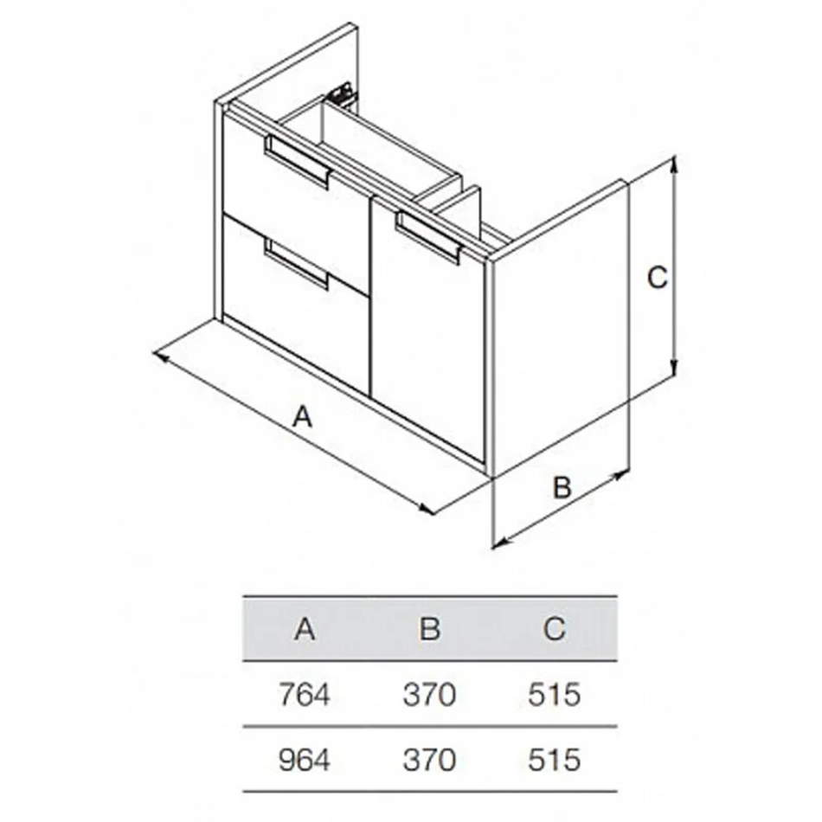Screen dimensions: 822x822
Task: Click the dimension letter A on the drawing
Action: point(303,418)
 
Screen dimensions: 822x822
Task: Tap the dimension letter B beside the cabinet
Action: point(562,487)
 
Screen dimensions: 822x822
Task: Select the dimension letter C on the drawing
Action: point(658,278)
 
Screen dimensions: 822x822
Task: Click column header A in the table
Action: point(305,628)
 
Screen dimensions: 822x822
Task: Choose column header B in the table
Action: point(430,628)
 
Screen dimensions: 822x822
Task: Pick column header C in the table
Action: point(555,628)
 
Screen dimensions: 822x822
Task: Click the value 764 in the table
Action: point(305,695)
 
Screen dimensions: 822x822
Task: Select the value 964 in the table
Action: point(305,760)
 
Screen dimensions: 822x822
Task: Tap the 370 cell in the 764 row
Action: point(430,695)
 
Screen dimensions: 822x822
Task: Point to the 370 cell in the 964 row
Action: point(430,760)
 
